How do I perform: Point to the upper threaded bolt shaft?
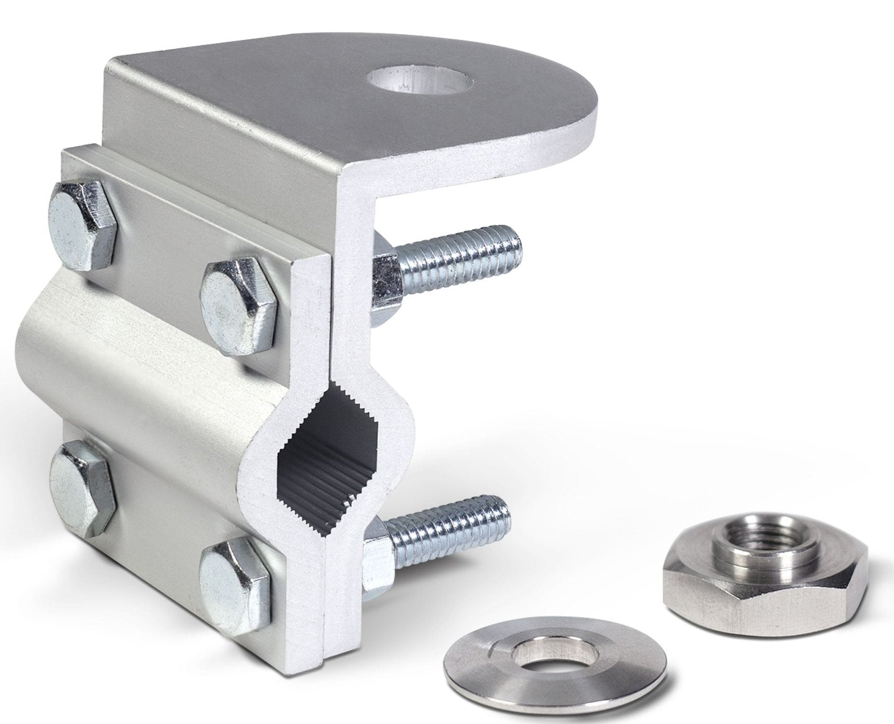[x=461, y=252]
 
